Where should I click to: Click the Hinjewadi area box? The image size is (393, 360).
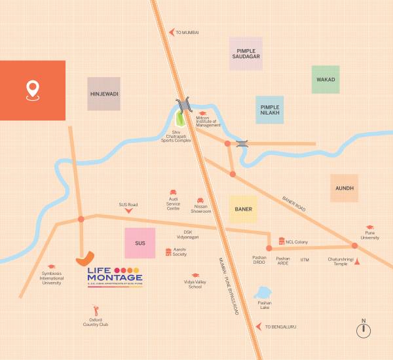104,94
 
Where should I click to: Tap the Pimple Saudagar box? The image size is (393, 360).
246,54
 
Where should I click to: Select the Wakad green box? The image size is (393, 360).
326,79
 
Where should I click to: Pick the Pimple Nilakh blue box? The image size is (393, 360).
270,110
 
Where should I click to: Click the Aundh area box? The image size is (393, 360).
345,188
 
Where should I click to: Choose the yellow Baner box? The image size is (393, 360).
243,209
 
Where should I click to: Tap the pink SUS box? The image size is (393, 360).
140,243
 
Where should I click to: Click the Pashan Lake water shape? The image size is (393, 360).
263,293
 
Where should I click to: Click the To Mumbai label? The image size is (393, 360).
187,31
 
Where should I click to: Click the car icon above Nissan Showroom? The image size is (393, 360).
200,200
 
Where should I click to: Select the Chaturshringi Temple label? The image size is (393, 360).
341,262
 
